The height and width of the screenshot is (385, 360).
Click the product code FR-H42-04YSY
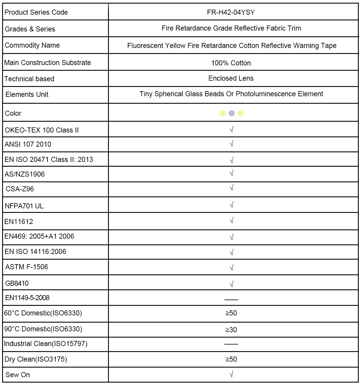point(231,12)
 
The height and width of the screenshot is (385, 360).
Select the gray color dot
point(232,113)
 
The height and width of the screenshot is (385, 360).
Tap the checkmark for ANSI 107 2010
point(231,144)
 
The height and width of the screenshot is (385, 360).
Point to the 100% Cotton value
point(231,63)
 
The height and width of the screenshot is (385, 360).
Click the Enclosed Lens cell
point(231,78)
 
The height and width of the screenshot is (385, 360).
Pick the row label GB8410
point(17,283)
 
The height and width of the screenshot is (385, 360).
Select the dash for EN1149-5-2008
point(231,300)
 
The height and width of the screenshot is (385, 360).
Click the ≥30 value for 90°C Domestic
point(231,330)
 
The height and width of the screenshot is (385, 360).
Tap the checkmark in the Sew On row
point(231,374)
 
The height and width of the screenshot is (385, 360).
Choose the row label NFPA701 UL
point(24,206)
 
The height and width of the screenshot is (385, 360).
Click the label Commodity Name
point(32,45)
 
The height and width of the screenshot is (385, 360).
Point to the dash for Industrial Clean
point(231,344)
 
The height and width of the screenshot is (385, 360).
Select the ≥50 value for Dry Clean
point(231,359)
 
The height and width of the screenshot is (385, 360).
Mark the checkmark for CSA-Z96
point(231,188)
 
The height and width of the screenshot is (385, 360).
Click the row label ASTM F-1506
point(27,267)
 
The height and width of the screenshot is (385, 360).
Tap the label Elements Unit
point(27,94)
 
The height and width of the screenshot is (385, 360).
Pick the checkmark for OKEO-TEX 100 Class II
point(231,130)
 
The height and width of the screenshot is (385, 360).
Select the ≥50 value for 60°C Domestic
point(231,313)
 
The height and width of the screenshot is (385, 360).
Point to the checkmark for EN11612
point(231,221)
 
